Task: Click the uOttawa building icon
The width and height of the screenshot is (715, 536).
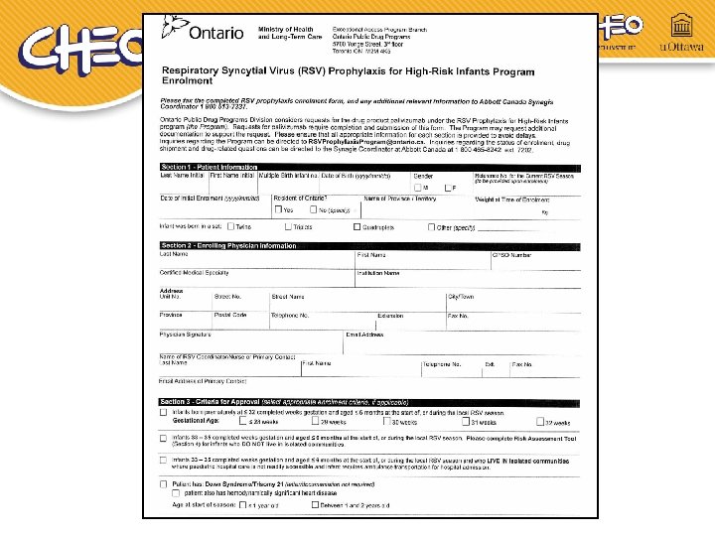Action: pos(681,25)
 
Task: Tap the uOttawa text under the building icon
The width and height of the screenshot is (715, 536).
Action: pos(681,47)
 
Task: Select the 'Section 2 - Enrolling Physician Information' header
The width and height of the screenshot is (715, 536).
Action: pos(228,245)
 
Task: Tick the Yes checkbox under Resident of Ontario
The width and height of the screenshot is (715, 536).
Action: pos(278,210)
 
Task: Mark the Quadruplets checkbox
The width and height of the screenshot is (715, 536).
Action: pos(357,227)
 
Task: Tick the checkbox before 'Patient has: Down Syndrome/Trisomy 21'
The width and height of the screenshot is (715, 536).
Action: pos(163,483)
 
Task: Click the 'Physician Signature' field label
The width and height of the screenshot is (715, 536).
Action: pos(186,335)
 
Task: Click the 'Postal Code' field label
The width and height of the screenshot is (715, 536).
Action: pos(230,315)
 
